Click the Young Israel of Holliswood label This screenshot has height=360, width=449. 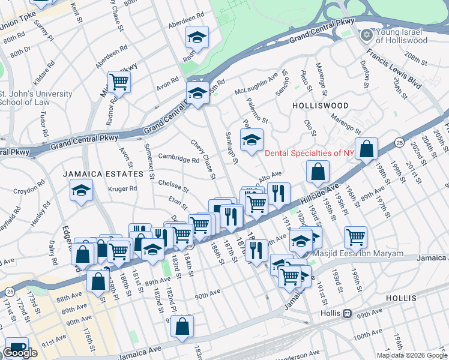(x=402, y=36)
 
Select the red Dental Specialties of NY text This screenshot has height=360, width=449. (x=310, y=153)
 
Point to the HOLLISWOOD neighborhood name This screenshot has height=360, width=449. (x=320, y=105)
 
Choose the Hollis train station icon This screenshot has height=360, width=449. (x=347, y=313)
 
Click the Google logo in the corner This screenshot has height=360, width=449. (x=20, y=353)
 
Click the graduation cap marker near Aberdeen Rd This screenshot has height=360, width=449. (x=197, y=38)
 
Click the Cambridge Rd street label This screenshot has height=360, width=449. (x=178, y=158)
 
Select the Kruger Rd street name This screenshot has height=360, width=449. (x=123, y=188)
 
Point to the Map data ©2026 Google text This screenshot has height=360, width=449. (x=412, y=355)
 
